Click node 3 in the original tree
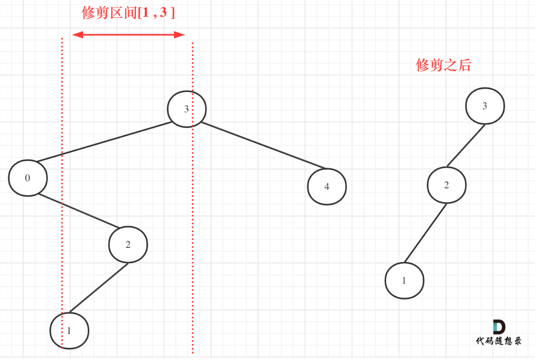point(186,109)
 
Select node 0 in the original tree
point(28,178)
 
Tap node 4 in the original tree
point(327,187)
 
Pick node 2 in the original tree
point(128,245)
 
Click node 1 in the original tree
point(69,331)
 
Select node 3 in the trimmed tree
point(485,106)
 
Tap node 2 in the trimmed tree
point(446,185)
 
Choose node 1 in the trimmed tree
point(404,281)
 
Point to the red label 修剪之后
point(443,65)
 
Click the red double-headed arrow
point(128,35)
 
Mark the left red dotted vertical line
point(62,193)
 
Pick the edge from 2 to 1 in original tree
point(99,288)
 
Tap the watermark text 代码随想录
point(499,341)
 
